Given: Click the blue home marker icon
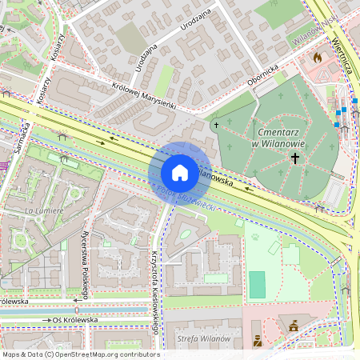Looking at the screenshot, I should pos(180,172).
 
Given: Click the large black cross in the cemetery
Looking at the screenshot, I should pos(294,159).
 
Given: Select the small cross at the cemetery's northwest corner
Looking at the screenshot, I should pos(214,125).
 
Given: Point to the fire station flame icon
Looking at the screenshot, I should pos(318,58).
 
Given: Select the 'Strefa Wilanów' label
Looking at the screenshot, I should pos(204,339).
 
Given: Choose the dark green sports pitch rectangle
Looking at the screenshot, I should pos(257,283).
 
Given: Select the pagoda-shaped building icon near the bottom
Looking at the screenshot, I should pos(293,325).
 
